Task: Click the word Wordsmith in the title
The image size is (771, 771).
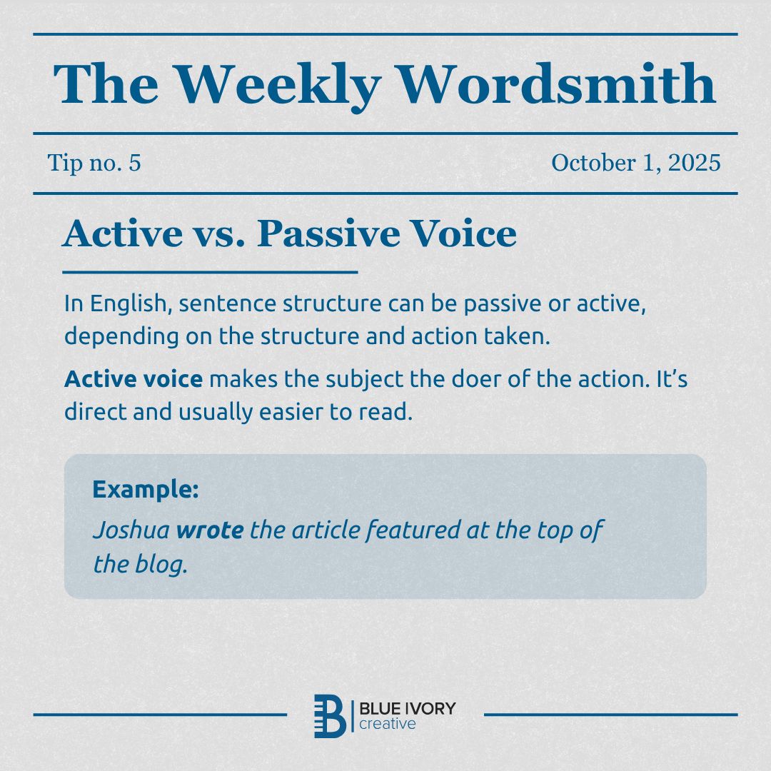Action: [556, 84]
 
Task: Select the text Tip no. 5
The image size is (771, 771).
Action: [94, 163]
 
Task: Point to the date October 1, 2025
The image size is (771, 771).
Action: [635, 163]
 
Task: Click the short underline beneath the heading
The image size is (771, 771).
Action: [210, 272]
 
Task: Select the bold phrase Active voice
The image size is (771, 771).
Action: [133, 379]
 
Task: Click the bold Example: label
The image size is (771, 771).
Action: [146, 490]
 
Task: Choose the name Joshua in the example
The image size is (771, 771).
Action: [131, 530]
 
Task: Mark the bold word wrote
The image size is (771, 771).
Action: [210, 530]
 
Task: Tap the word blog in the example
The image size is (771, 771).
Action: [160, 565]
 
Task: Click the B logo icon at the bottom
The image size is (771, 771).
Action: [330, 715]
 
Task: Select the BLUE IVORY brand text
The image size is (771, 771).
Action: [408, 708]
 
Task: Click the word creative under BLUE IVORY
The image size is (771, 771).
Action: [388, 724]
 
